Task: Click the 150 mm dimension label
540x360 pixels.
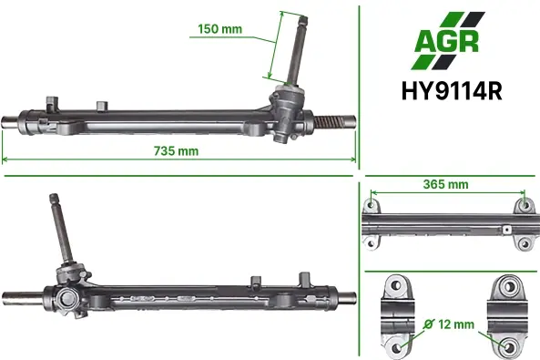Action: point(220,29)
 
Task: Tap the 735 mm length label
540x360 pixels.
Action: point(176,151)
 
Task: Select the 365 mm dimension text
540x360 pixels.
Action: point(445,184)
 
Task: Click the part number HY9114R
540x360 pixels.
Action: point(452,91)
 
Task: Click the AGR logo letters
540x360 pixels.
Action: point(447,42)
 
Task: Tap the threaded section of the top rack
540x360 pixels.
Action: point(329,121)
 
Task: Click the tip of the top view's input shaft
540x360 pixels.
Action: point(303,17)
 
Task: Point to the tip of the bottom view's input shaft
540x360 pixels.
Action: point(54,196)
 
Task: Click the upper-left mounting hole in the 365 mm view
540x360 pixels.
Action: point(371,205)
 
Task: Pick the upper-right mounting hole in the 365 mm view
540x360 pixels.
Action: point(525,205)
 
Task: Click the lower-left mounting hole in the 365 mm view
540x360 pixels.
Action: point(371,243)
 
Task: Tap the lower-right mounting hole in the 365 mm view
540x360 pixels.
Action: point(525,244)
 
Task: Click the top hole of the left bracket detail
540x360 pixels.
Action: point(396,285)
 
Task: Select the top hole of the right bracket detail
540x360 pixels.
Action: point(509,286)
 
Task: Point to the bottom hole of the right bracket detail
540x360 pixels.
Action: point(509,346)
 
